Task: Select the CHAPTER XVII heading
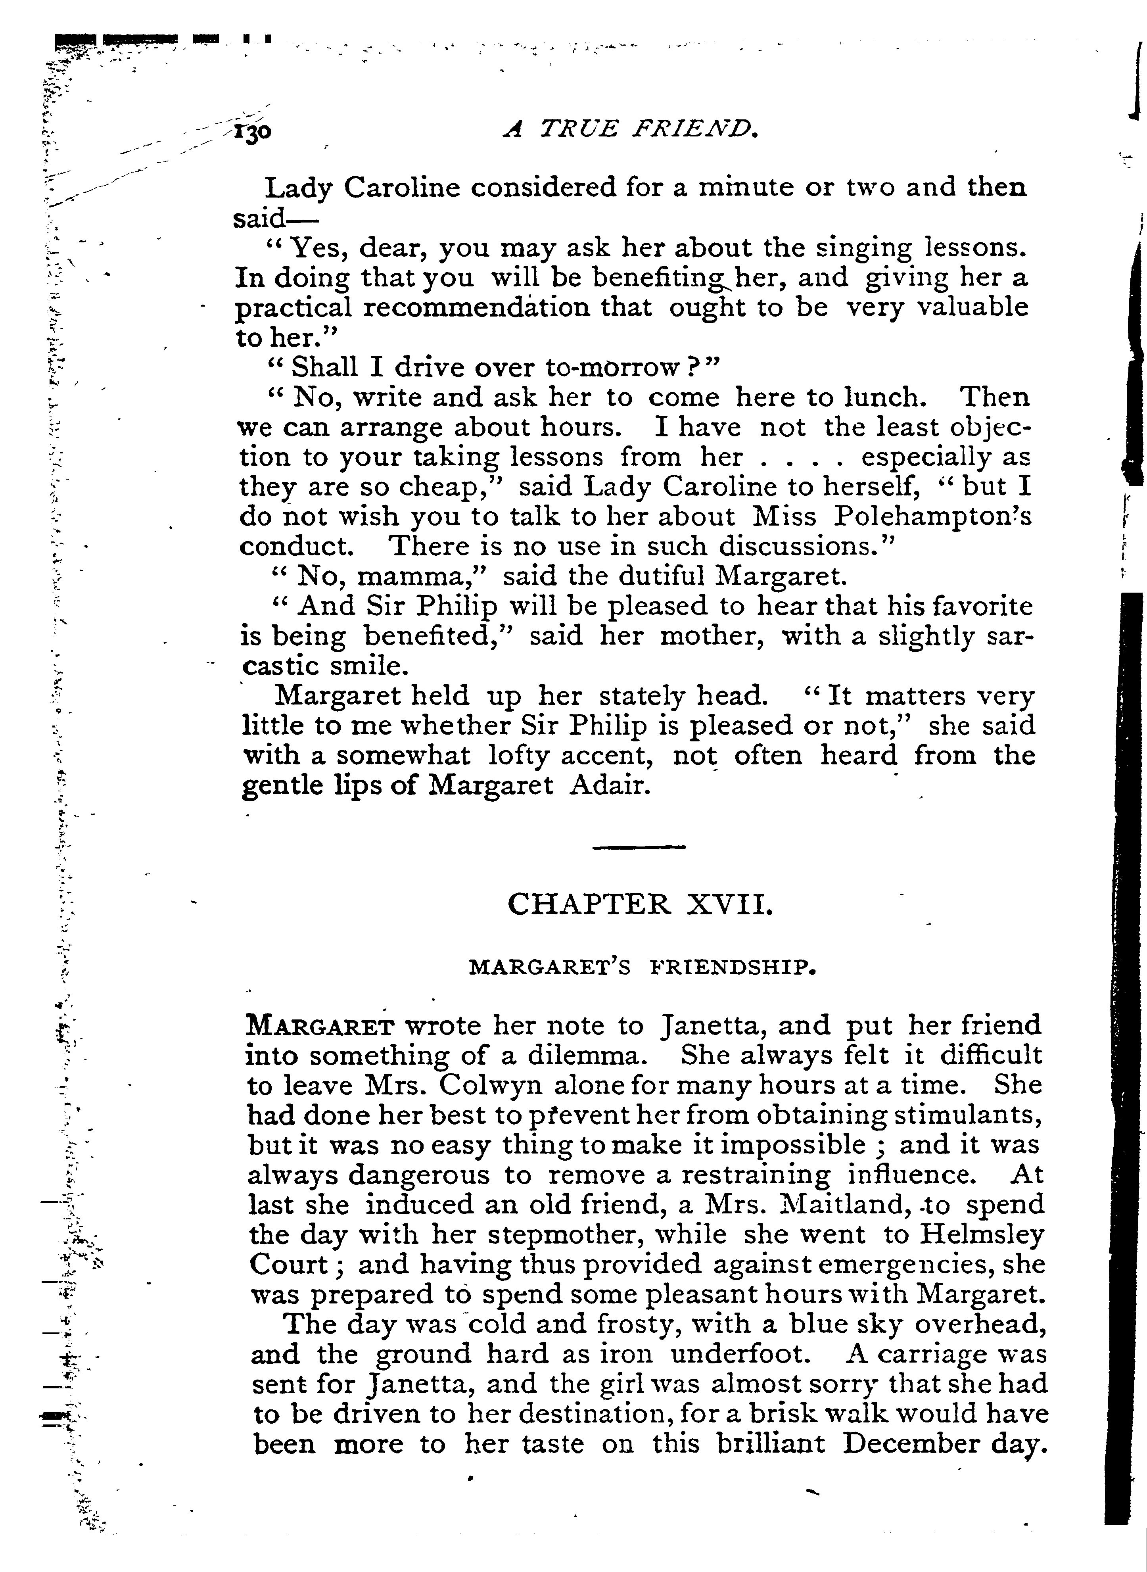click(x=639, y=904)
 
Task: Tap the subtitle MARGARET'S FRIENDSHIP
click(x=642, y=967)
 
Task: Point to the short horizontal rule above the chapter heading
click(x=639, y=846)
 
